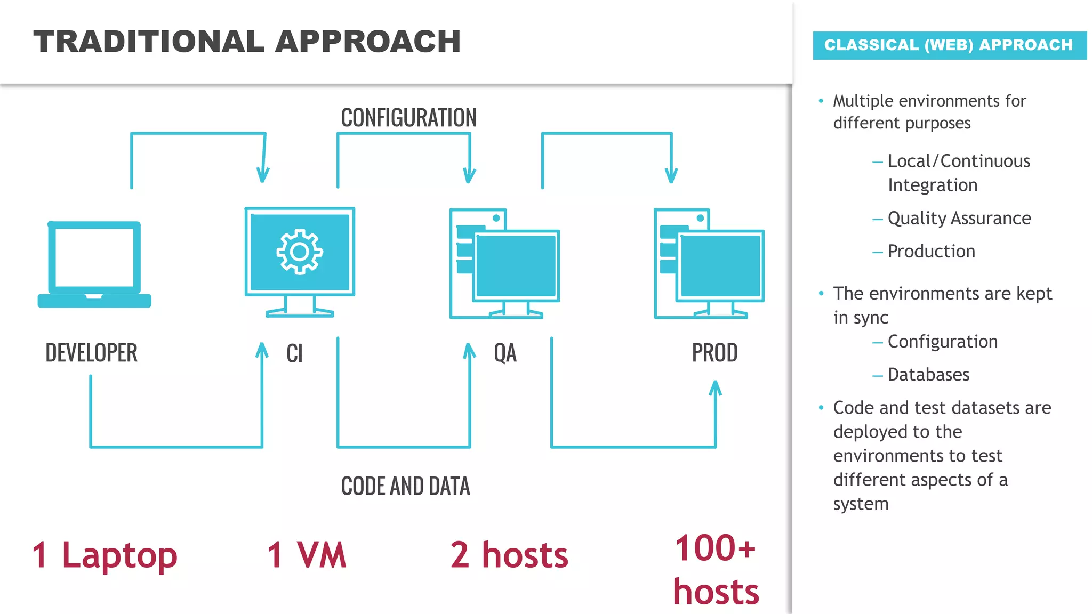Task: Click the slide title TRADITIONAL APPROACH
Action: tap(247, 42)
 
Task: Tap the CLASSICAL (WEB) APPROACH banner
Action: tap(949, 45)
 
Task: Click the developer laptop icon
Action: tap(94, 264)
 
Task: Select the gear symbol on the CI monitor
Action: tap(299, 252)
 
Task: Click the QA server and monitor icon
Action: tap(504, 264)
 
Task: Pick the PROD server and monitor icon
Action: tap(709, 264)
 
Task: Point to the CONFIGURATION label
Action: tap(408, 118)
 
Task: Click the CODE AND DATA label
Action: tap(405, 486)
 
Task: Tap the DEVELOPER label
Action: tap(91, 353)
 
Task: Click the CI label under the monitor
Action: tap(294, 353)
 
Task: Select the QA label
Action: tap(505, 353)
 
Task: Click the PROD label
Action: tap(714, 353)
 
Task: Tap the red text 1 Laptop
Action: tap(105, 555)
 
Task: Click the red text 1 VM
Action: tap(307, 555)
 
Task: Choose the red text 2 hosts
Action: tap(509, 555)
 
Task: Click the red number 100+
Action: tap(715, 548)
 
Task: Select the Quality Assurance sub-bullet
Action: tap(959, 218)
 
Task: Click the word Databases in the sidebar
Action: tap(928, 375)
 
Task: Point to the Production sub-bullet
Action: tap(931, 251)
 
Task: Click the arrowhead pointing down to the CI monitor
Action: tap(263, 175)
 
